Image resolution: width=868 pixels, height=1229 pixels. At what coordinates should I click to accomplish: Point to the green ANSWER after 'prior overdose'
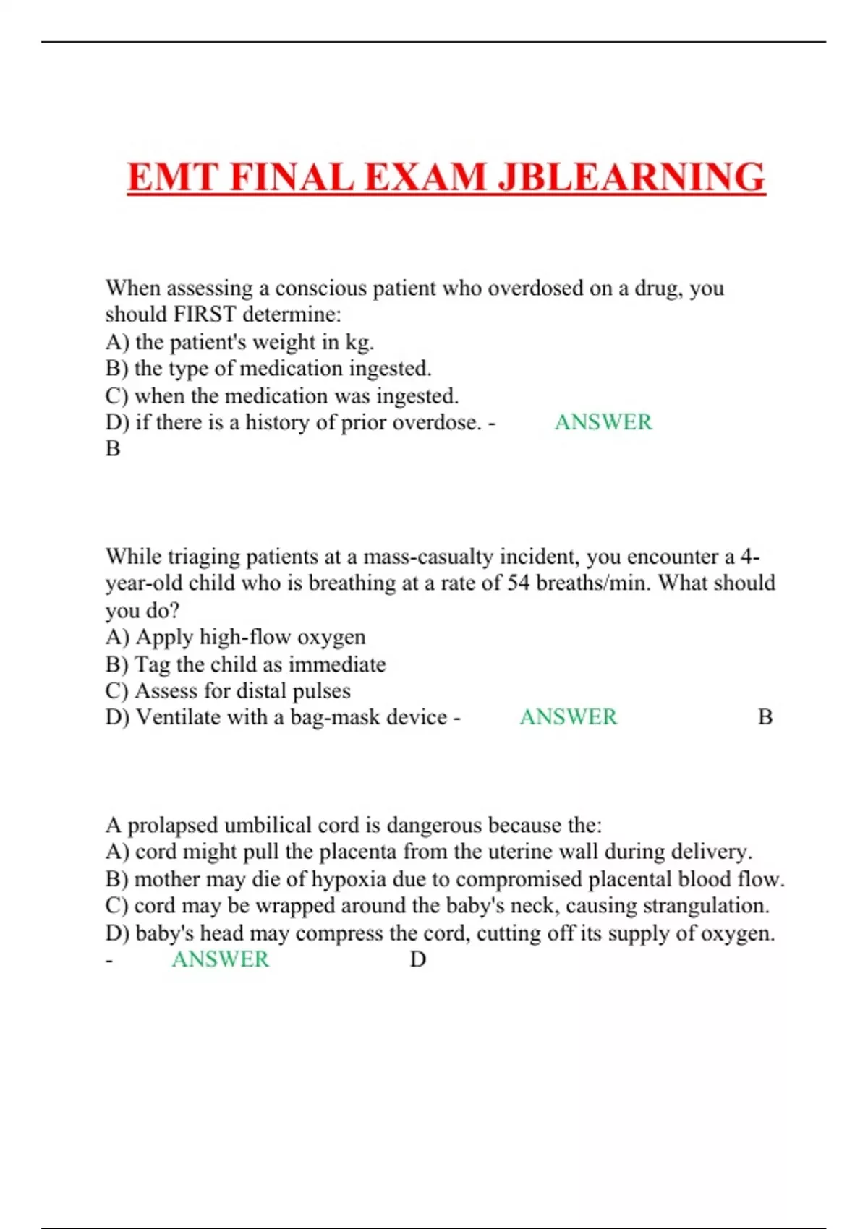click(603, 422)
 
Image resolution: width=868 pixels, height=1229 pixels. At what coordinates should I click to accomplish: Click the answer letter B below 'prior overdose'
click(113, 449)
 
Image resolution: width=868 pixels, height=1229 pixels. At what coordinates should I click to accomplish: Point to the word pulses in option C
click(321, 691)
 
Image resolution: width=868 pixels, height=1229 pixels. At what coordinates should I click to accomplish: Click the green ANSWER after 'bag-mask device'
click(569, 717)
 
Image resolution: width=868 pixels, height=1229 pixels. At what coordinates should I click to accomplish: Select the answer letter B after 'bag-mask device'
click(765, 717)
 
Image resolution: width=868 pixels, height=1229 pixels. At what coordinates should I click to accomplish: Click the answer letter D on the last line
click(418, 959)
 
